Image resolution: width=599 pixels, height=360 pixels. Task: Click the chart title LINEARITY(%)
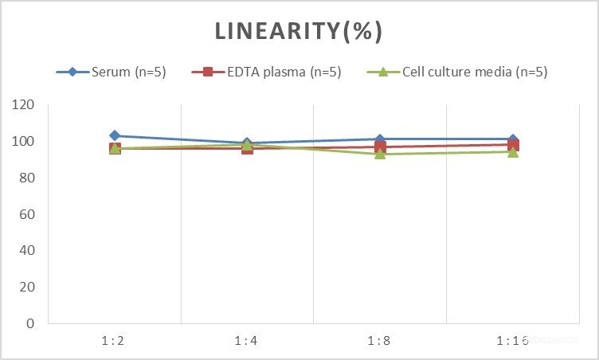pos(299,31)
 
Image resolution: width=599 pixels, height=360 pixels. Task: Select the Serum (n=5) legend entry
pos(119,72)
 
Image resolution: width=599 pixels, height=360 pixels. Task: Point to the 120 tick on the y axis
pos(24,105)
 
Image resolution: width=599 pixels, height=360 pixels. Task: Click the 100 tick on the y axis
pos(24,142)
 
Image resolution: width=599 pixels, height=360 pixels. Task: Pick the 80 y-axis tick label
pos(27,178)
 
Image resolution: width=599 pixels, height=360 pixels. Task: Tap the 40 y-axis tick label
pos(27,251)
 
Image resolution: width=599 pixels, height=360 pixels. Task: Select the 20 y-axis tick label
pos(27,288)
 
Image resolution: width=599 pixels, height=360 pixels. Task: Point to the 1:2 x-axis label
pos(114,341)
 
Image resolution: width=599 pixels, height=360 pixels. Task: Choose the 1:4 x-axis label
pos(247,341)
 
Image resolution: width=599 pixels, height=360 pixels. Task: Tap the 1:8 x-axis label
pos(379,341)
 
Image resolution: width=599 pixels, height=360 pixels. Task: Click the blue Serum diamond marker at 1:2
pos(115,135)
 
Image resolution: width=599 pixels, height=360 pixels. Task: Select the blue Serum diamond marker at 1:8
pos(380,139)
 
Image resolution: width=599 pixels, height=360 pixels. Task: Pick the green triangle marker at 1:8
pos(380,154)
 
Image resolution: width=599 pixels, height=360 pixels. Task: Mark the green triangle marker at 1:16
pos(513,152)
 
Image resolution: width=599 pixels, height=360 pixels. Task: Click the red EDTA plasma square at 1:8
pos(380,147)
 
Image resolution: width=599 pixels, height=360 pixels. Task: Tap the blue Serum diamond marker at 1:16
pos(513,139)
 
